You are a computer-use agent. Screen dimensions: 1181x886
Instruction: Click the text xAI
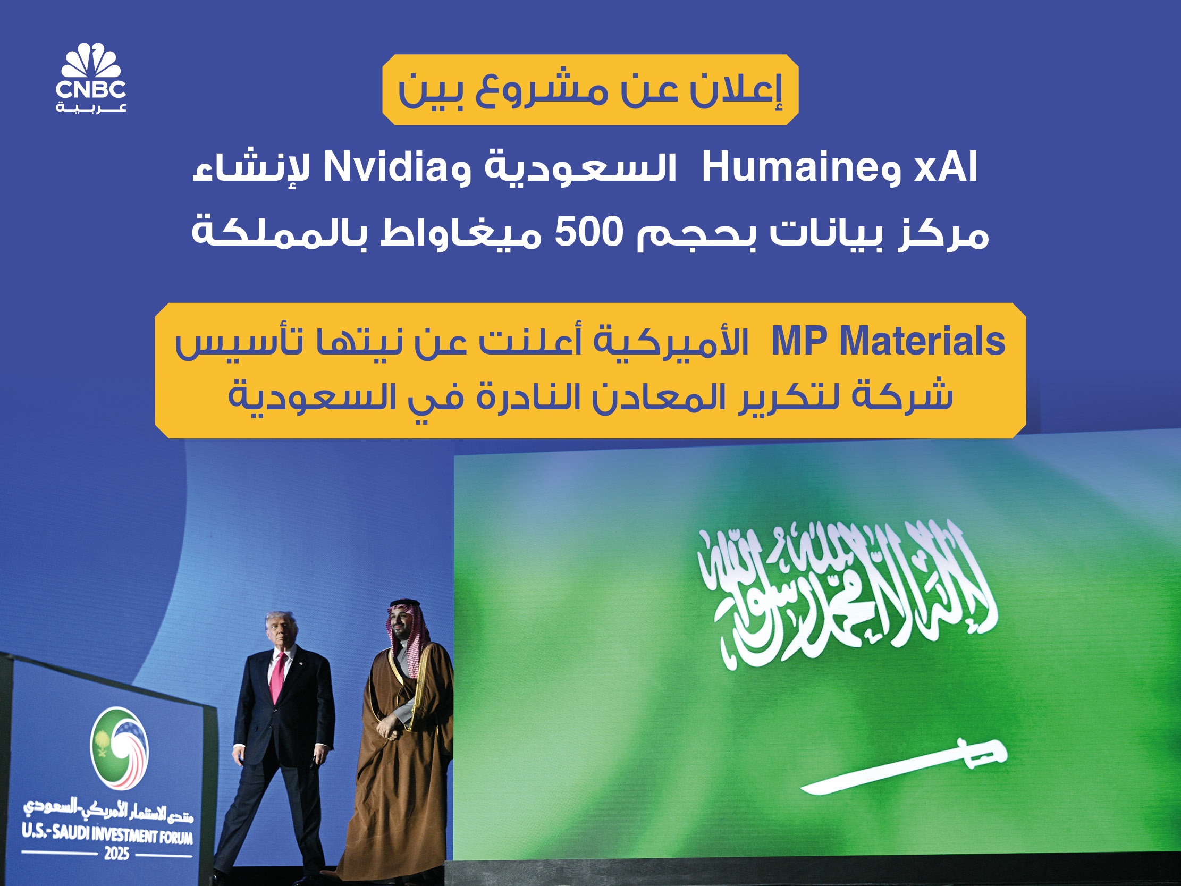946,167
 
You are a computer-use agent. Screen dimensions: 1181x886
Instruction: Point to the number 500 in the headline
589,232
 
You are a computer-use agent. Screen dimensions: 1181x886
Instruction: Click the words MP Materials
889,341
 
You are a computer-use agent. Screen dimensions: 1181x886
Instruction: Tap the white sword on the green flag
904,767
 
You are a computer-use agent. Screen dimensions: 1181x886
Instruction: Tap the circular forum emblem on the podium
119,748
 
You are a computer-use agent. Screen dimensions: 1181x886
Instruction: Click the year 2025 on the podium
117,854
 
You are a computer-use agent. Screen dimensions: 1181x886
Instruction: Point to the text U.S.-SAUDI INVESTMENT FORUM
107,834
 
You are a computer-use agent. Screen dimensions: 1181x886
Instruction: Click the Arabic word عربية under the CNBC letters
91,108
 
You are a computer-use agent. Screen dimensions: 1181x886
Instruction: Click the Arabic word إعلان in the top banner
736,90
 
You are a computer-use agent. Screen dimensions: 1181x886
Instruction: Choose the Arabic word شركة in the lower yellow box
902,396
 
